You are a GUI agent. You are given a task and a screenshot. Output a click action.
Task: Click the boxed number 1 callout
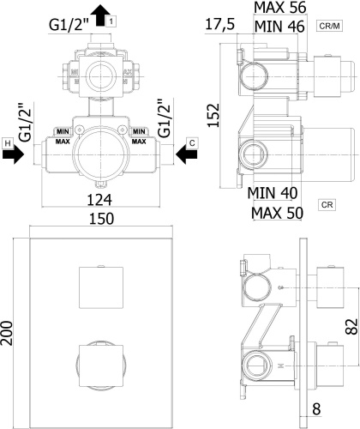tap(111, 21)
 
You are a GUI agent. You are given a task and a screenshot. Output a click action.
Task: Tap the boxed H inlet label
tap(8, 142)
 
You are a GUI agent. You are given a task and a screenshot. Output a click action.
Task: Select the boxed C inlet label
tap(192, 142)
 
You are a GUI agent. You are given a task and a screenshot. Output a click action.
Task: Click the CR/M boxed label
tap(329, 26)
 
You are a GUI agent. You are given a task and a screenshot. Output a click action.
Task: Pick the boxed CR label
tap(327, 205)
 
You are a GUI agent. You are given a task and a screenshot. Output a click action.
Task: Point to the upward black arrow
tap(100, 15)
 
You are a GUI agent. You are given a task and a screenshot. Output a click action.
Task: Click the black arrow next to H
tap(13, 154)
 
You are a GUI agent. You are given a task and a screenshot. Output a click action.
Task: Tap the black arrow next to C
tap(186, 154)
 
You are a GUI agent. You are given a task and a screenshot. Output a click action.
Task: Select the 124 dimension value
tap(99, 200)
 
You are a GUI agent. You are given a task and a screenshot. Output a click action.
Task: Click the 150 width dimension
tap(102, 219)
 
